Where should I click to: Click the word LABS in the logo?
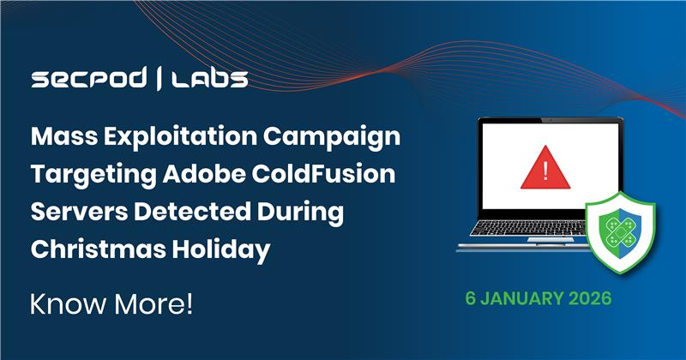pyautogui.click(x=209, y=80)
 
